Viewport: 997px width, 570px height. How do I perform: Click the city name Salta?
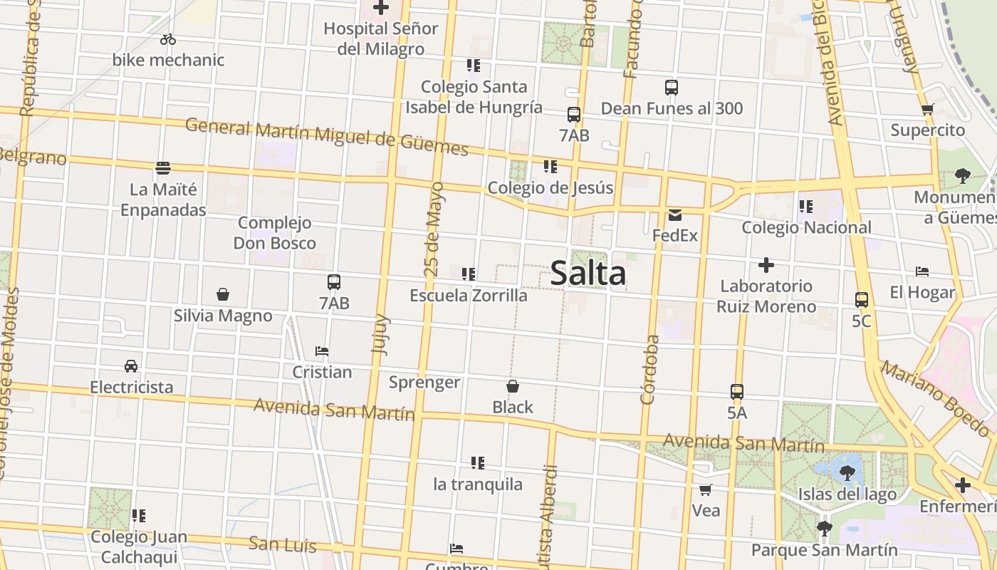pyautogui.click(x=588, y=274)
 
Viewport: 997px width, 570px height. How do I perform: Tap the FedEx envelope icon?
pyautogui.click(x=674, y=214)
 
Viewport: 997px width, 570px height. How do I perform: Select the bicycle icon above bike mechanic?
pyautogui.click(x=168, y=39)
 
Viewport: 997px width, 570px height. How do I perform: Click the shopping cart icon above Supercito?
pyautogui.click(x=927, y=110)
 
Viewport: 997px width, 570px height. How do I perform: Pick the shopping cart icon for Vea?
pyautogui.click(x=706, y=489)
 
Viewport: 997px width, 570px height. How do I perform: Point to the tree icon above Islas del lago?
pyautogui.click(x=847, y=472)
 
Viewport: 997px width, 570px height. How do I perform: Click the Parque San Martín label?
pyautogui.click(x=825, y=550)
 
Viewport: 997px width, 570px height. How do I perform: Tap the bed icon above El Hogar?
pyautogui.click(x=922, y=271)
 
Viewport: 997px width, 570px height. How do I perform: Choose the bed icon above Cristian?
pyautogui.click(x=322, y=351)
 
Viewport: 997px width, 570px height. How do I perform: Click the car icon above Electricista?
pyautogui.click(x=131, y=366)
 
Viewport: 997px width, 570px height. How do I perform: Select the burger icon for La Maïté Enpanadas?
pyautogui.click(x=163, y=168)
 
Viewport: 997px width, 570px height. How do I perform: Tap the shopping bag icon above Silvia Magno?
pyautogui.click(x=223, y=294)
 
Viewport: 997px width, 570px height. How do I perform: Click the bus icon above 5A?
pyautogui.click(x=737, y=392)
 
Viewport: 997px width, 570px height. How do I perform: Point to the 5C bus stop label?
pyautogui.click(x=861, y=321)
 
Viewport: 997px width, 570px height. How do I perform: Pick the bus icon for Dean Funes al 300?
pyautogui.click(x=672, y=88)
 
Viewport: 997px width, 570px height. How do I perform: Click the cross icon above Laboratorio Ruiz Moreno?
pyautogui.click(x=766, y=265)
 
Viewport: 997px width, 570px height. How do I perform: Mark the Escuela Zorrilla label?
pyautogui.click(x=469, y=295)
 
